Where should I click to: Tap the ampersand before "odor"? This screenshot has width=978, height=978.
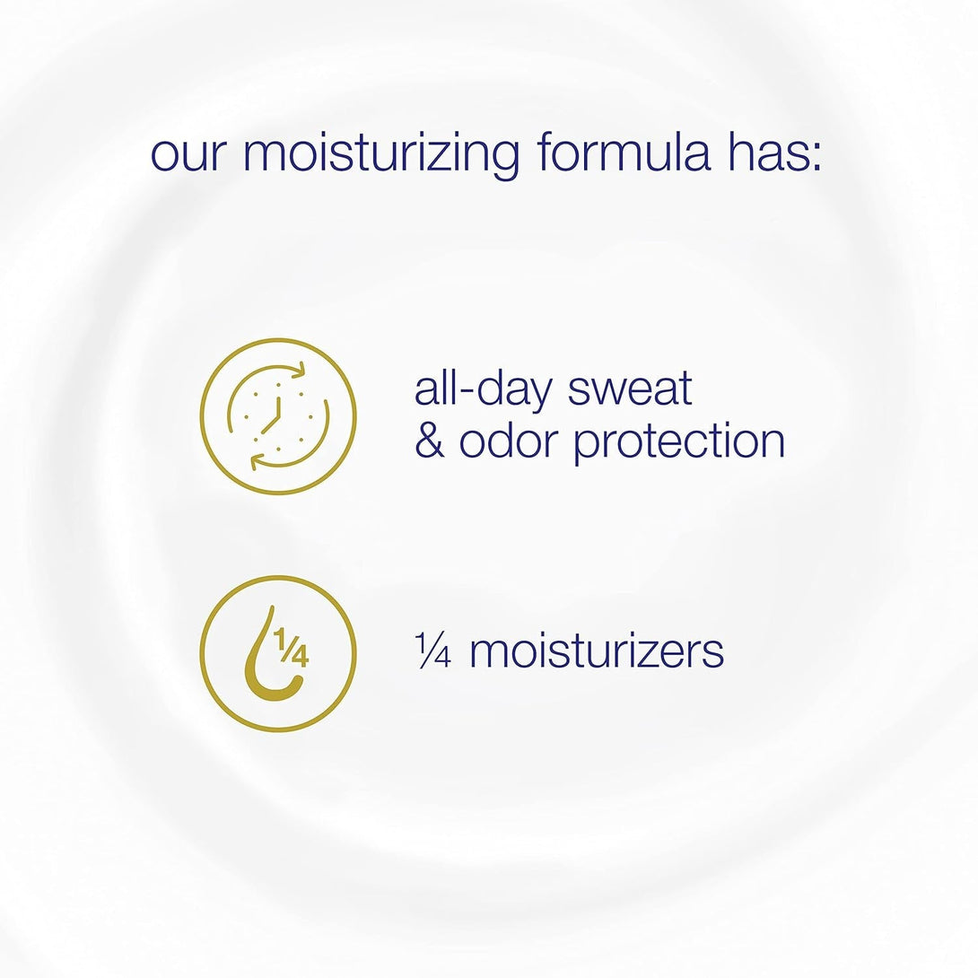click(430, 441)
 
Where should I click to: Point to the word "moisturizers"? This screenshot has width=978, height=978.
click(597, 651)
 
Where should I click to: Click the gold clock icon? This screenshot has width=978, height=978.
click(278, 416)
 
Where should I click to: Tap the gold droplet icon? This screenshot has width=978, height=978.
click(278, 653)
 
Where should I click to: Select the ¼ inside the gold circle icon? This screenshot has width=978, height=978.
click(293, 647)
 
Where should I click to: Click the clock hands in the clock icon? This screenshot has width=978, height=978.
click(275, 414)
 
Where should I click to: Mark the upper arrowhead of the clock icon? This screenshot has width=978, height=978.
click(299, 370)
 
